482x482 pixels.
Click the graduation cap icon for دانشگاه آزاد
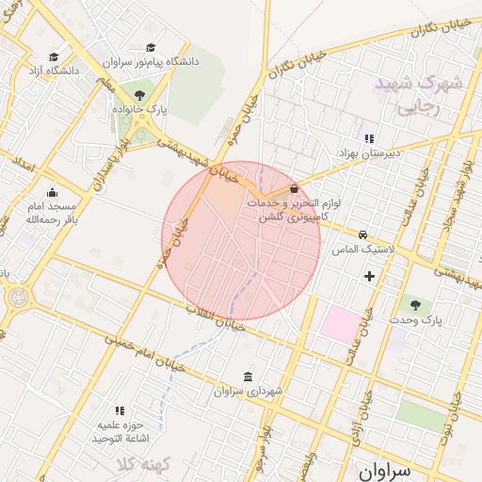click(x=54, y=57)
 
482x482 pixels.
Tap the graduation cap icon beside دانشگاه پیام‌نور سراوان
click(x=151, y=48)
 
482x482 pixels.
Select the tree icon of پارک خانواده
click(x=140, y=95)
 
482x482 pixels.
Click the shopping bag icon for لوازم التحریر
click(x=295, y=188)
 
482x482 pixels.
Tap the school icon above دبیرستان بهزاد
click(x=369, y=138)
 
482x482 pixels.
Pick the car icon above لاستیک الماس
click(x=362, y=234)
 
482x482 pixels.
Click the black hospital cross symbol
click(x=369, y=276)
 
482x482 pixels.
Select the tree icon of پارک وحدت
click(x=415, y=305)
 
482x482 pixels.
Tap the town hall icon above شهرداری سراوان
click(x=248, y=377)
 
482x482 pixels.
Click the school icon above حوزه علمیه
click(x=120, y=410)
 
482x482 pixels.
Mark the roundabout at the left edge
click(x=16, y=298)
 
